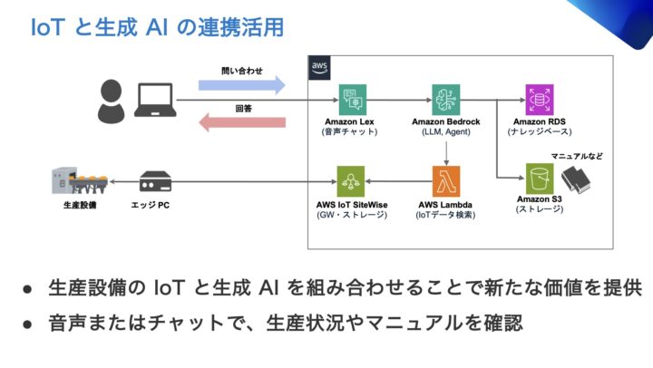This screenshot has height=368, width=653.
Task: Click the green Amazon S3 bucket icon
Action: coord(540,177)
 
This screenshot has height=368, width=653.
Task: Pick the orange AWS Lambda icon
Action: coord(445,179)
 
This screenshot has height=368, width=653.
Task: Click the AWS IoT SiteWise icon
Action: coord(350,179)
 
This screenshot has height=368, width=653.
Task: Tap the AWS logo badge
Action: coord(318,66)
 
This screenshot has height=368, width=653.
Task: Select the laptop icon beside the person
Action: coord(153,100)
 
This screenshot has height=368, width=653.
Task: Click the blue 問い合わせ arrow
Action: coord(235,84)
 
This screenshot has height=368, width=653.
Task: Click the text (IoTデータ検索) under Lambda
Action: coord(445,216)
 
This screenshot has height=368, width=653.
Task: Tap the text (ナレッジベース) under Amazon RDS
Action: coord(539,131)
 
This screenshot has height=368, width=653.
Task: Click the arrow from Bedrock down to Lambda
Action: coord(445,149)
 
